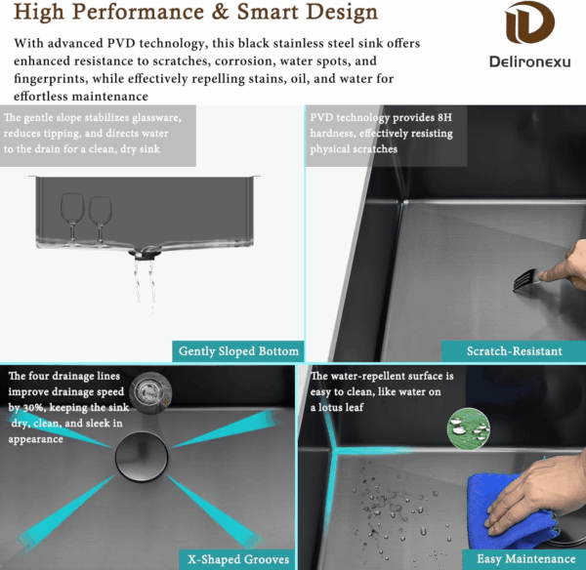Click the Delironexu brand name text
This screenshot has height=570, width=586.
530,61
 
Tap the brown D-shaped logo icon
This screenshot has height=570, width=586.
529,22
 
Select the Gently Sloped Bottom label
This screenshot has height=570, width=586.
238,351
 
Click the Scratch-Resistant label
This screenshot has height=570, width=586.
515,351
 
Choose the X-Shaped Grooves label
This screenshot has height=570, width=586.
238,559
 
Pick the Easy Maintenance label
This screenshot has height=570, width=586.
526,559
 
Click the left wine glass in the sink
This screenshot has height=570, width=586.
72,219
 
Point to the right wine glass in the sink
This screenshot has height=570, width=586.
101,221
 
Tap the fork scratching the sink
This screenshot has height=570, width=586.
526,280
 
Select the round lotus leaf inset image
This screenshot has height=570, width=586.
468,428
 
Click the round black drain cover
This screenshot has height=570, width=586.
142,457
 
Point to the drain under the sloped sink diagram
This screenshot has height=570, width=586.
145,253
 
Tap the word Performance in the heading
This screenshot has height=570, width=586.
138,12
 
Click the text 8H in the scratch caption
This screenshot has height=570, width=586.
444,118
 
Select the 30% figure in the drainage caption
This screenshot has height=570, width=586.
32,408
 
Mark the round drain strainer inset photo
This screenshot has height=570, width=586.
150,392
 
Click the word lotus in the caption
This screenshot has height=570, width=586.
336,407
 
